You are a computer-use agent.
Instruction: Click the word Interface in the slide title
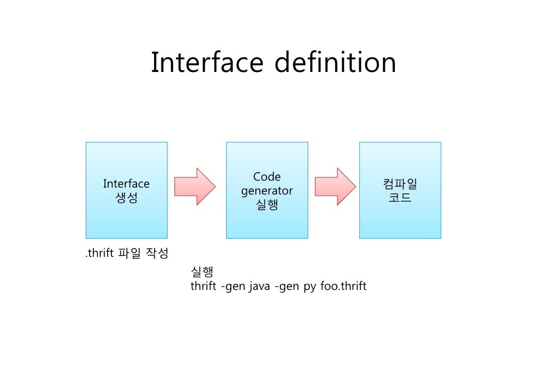pyautogui.click(x=207, y=63)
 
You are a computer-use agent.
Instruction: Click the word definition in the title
pyautogui.click(x=335, y=63)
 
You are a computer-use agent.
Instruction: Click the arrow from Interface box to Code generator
pyautogui.click(x=195, y=187)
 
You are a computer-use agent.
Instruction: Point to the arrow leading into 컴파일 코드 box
pyautogui.click(x=335, y=187)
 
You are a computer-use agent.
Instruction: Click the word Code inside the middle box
pyautogui.click(x=267, y=177)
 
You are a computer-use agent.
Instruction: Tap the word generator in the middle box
pyautogui.click(x=267, y=191)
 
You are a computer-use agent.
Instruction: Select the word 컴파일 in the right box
pyautogui.click(x=400, y=184)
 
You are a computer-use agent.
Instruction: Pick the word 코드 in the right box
pyautogui.click(x=400, y=198)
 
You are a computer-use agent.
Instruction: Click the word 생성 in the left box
pyautogui.click(x=126, y=198)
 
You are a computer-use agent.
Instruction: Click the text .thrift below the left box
pyautogui.click(x=100, y=253)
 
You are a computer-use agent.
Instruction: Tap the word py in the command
pyautogui.click(x=310, y=287)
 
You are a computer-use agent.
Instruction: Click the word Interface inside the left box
pyautogui.click(x=126, y=184)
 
